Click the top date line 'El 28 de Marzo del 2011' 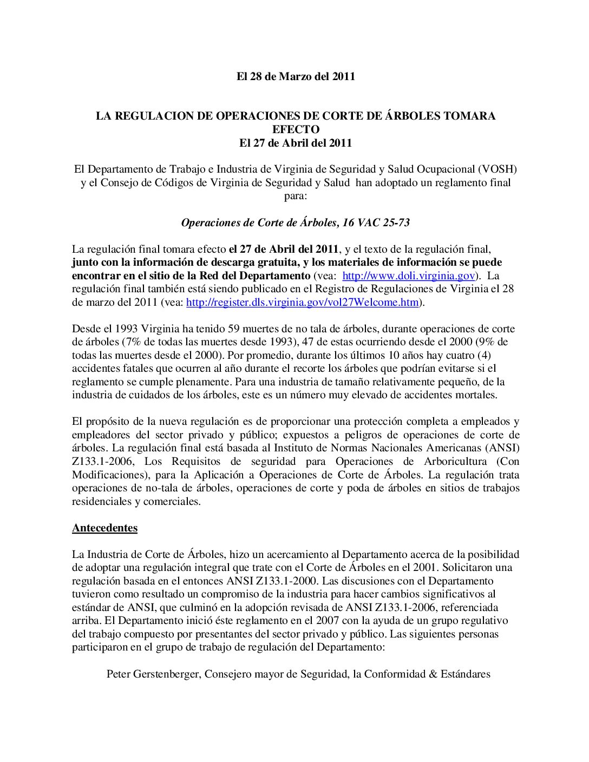tap(296, 76)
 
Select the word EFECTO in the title tap(296, 129)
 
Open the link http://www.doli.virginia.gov tap(409, 275)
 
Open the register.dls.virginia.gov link tap(303, 302)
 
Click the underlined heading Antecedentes tap(104, 528)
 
